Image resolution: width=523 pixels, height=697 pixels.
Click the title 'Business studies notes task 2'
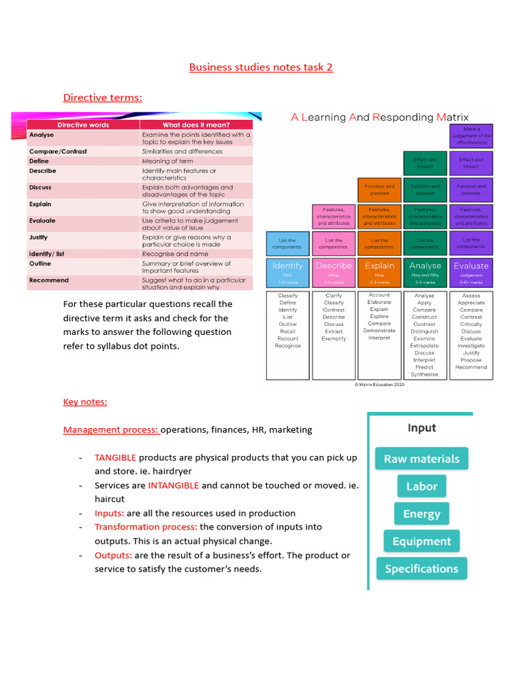pos(261,67)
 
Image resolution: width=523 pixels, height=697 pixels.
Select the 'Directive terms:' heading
pos(103,97)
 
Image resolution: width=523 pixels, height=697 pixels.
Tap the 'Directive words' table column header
pos(83,125)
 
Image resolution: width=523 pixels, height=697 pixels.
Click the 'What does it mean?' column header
pos(196,125)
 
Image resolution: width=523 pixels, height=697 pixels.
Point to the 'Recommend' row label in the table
pos(49,280)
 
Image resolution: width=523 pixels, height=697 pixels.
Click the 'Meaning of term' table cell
pos(168,161)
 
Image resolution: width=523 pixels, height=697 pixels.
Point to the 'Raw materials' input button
pos(422,459)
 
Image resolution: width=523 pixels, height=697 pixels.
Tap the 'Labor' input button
pos(422,486)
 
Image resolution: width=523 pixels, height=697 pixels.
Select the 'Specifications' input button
pos(422,568)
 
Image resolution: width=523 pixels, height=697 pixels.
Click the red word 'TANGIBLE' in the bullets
pos(115,457)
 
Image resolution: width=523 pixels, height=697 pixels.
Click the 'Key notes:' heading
pos(85,402)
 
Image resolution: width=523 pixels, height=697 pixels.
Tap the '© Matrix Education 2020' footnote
pos(379,385)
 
